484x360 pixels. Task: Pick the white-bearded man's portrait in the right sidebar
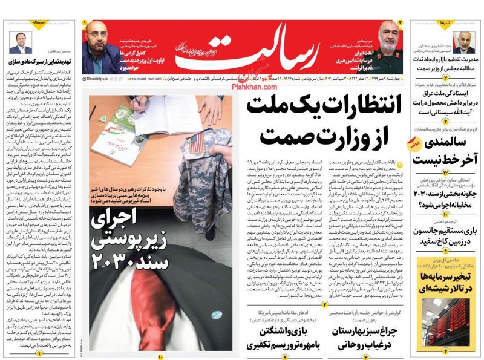point(464,42)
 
